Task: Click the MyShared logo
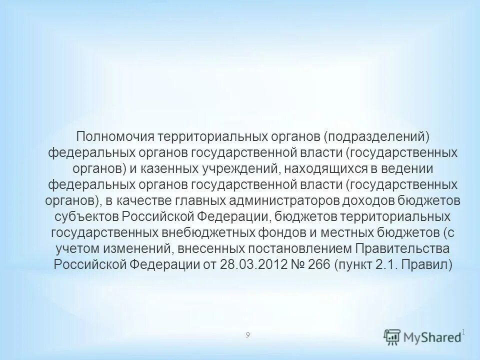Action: (422, 336)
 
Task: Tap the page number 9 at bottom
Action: (247, 335)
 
